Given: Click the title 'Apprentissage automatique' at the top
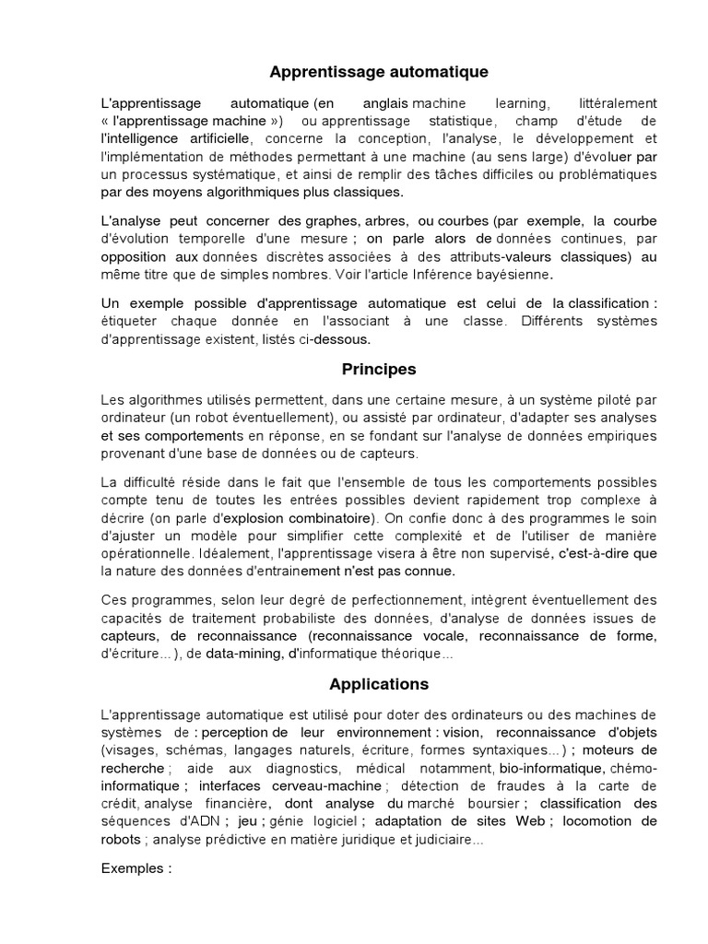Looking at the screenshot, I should click(x=379, y=71).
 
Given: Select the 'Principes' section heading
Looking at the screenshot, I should click(x=379, y=369).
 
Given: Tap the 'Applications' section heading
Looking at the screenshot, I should click(x=379, y=684).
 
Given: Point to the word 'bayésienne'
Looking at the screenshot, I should click(x=518, y=274).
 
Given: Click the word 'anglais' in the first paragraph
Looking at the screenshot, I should click(x=380, y=102).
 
